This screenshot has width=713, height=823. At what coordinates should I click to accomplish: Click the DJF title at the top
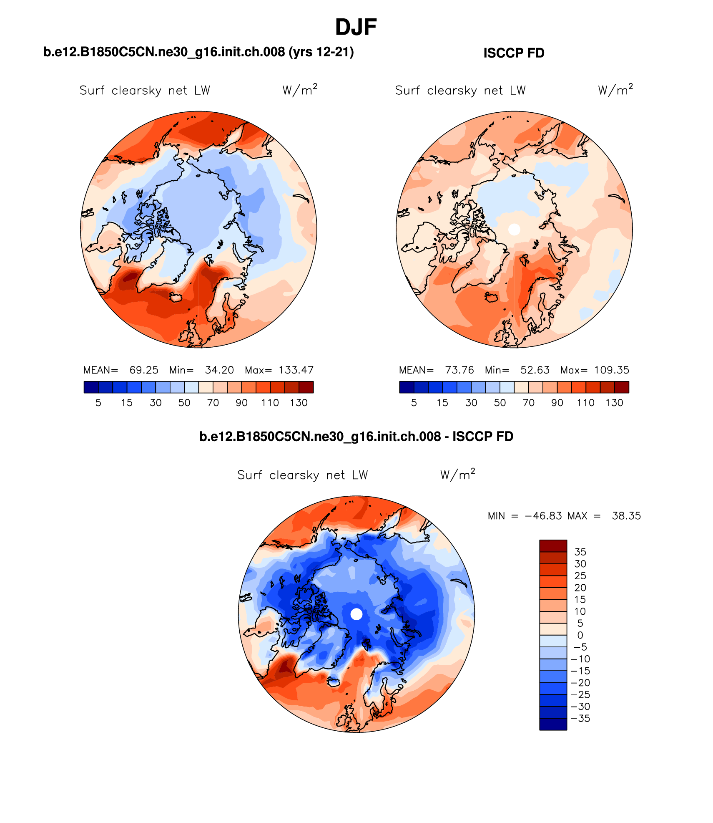(356, 28)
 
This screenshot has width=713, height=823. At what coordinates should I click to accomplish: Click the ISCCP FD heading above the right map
(514, 53)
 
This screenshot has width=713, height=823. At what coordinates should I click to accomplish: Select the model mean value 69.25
(144, 370)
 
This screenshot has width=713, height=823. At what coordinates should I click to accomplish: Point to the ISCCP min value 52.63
(535, 370)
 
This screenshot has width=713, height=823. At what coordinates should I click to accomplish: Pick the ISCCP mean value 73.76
(459, 370)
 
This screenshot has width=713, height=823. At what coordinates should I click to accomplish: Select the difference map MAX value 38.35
(626, 516)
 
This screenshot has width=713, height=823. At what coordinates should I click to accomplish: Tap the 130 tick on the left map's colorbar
(299, 403)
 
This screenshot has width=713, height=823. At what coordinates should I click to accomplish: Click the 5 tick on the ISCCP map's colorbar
(414, 403)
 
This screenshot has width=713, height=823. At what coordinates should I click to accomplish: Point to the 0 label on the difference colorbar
(580, 635)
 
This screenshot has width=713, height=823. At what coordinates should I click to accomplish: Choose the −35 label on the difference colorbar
(581, 718)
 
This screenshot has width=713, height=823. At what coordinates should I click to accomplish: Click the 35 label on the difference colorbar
(580, 552)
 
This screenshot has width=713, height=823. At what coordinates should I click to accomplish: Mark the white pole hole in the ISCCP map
(514, 229)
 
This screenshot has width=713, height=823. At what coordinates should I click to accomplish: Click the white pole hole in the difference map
(356, 614)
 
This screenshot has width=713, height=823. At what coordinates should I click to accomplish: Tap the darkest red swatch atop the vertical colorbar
(553, 546)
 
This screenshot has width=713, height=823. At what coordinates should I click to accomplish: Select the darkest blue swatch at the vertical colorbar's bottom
(553, 724)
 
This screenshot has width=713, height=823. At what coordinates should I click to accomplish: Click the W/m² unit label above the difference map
(457, 475)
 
